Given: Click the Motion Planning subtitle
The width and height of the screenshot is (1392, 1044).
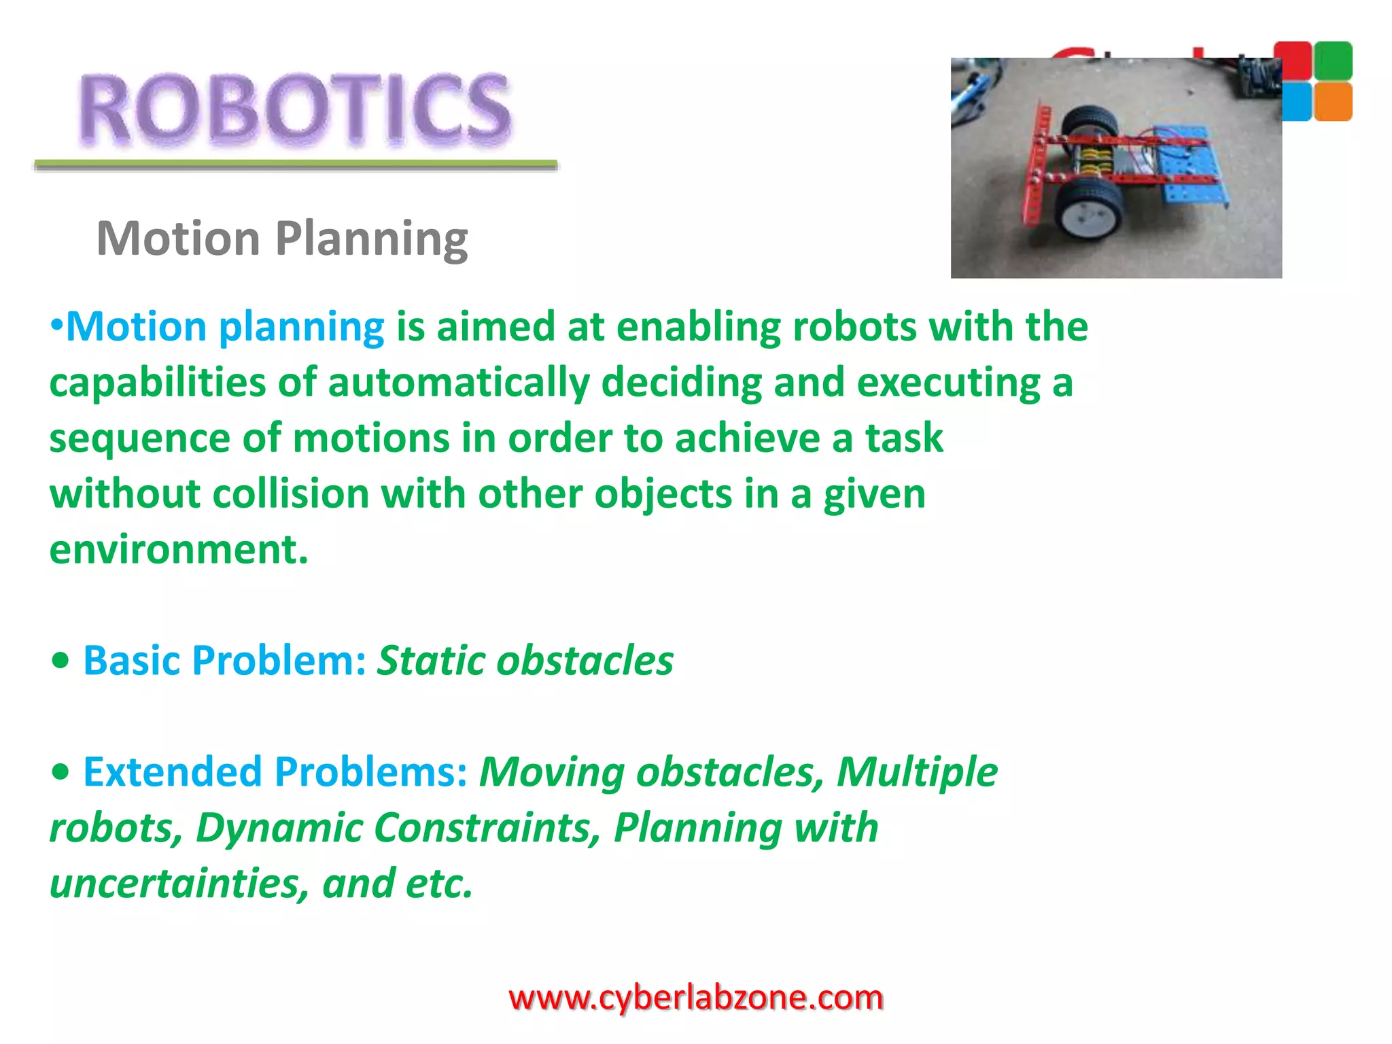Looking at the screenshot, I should tap(282, 239).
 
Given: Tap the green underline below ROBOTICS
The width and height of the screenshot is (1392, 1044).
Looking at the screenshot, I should tap(296, 164).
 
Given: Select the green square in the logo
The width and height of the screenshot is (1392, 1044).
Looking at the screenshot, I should tap(1333, 60).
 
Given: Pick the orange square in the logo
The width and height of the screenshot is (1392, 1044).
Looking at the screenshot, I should tap(1333, 102).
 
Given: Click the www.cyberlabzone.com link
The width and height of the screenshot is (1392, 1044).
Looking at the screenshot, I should tap(695, 998).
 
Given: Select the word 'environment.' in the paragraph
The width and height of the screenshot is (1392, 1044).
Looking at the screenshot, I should tap(179, 549).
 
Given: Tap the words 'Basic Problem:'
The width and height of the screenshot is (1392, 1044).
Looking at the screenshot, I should tap(225, 660).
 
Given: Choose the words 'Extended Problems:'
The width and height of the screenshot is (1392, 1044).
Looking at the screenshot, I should tap(275, 771).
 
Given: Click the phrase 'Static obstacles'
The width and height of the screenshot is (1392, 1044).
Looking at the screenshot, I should tap(525, 660).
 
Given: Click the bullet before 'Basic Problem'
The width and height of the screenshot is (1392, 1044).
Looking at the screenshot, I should tap(60, 660).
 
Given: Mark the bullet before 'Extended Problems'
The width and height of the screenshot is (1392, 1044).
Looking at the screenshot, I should tap(60, 771).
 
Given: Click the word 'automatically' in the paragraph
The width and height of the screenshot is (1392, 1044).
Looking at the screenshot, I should tap(459, 383).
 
